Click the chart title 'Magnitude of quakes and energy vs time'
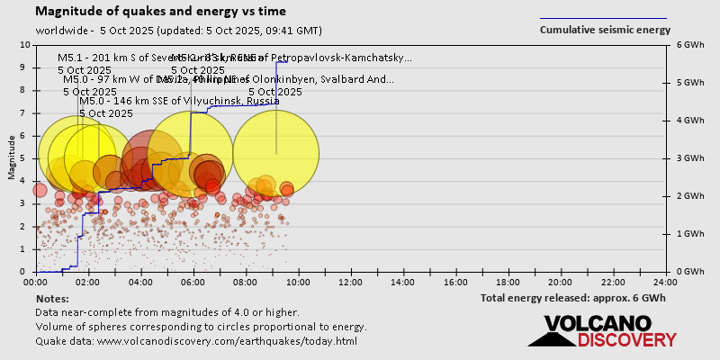point(161,12)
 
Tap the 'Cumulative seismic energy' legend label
point(605,30)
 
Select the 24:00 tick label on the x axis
point(665,281)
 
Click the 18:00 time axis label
point(508,281)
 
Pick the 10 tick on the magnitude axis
point(24,45)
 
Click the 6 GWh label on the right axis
point(689,45)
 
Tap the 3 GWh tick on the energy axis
point(689,158)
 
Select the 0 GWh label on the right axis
point(689,272)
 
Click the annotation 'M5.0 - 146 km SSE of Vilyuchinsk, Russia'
point(179,101)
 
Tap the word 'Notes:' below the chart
point(53,298)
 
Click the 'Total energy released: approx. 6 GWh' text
point(573,298)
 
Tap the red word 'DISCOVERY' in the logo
point(626,340)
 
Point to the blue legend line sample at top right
point(603,18)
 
